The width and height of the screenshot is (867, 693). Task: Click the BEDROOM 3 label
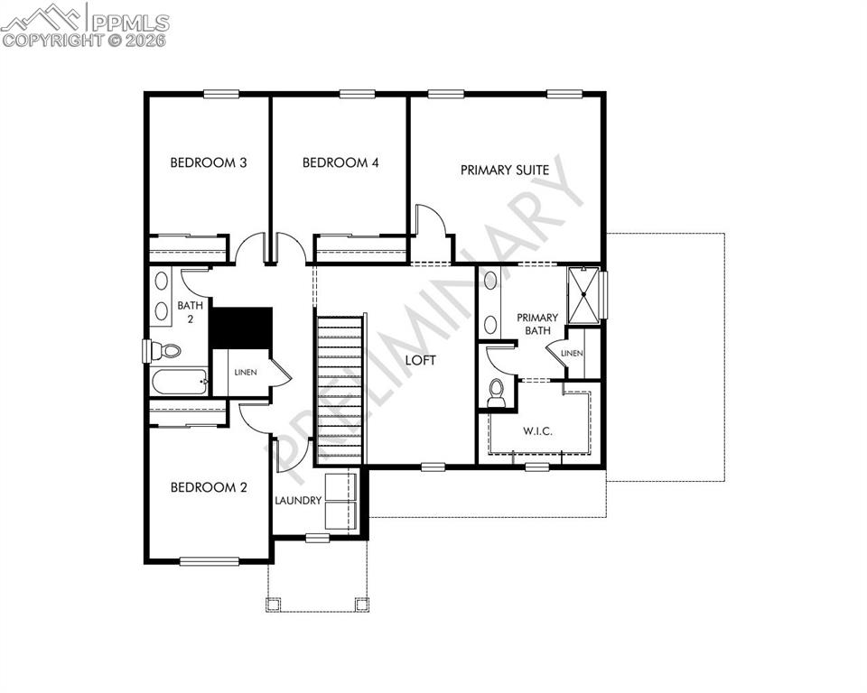[209, 163]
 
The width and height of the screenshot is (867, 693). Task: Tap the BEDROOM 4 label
[340, 163]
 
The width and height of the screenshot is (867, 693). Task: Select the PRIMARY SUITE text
[505, 170]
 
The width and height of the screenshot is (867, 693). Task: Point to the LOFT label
[421, 360]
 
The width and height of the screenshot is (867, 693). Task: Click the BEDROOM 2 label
[209, 487]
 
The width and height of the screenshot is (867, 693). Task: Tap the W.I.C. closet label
[537, 430]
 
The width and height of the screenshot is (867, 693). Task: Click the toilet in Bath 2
[165, 350]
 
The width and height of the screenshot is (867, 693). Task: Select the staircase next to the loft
[340, 388]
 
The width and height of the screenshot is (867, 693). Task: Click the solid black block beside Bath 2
[241, 327]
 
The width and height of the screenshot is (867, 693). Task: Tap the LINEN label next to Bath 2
[246, 372]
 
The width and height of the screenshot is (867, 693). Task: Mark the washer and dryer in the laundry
[341, 501]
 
